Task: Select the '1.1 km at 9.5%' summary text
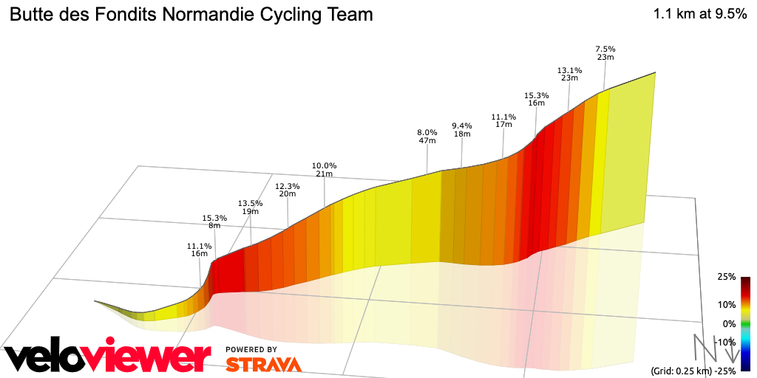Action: [699, 14]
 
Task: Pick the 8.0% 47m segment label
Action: [427, 136]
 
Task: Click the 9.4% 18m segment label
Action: [462, 129]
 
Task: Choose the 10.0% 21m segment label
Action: [324, 169]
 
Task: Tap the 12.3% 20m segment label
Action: [287, 190]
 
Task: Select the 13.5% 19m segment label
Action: [250, 207]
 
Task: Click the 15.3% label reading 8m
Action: [214, 221]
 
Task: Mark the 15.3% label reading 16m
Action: [536, 99]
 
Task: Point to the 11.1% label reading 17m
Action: [503, 120]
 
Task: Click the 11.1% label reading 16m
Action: [200, 250]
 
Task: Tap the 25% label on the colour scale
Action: [726, 277]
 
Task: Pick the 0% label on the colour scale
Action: [729, 323]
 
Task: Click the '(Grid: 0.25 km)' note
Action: [680, 371]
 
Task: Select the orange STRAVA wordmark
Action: [263, 364]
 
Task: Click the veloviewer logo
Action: [103, 357]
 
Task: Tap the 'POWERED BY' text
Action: [251, 349]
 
